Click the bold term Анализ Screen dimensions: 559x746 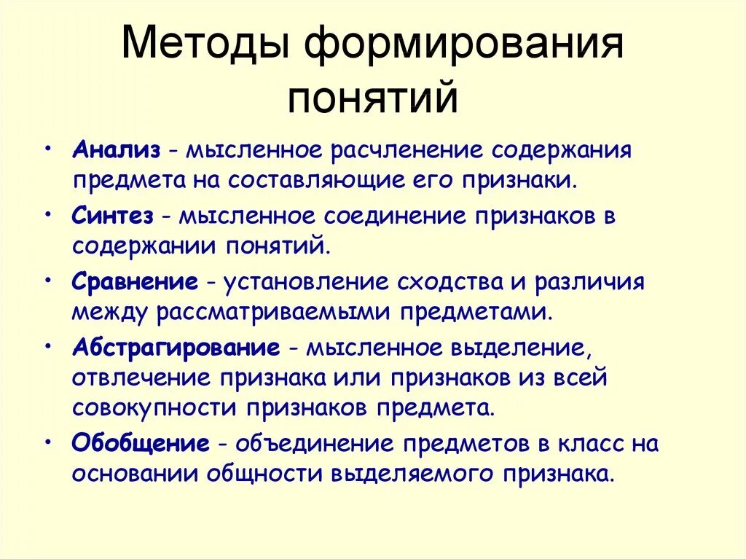point(116,150)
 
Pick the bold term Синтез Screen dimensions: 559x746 point(113,216)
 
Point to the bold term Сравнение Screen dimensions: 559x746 point(136,281)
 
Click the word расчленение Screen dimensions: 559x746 point(385,150)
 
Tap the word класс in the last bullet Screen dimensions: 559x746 point(586,442)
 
